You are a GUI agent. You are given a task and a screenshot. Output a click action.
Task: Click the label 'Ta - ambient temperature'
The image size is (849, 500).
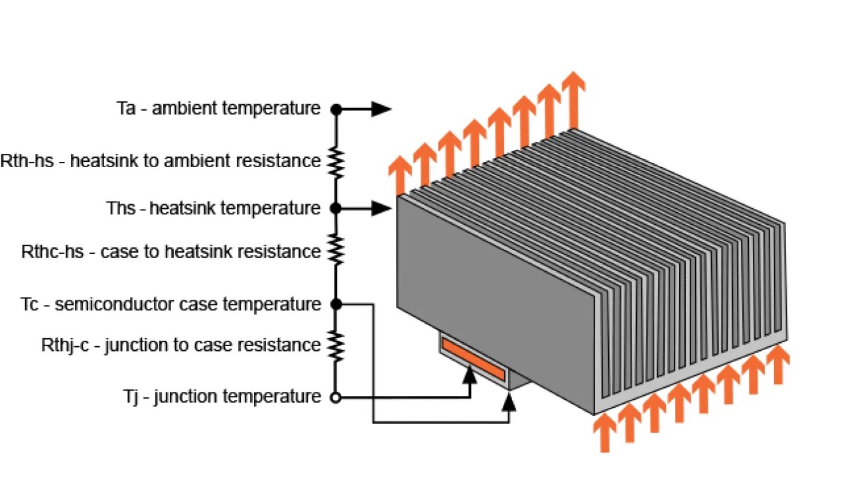pos(218,108)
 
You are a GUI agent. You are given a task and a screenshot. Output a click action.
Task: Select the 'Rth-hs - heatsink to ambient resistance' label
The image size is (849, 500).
pos(161,160)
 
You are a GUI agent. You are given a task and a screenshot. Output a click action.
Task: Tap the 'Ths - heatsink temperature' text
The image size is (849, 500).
pos(214,208)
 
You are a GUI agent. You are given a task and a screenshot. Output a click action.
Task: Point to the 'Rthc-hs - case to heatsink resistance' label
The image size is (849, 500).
pos(171,252)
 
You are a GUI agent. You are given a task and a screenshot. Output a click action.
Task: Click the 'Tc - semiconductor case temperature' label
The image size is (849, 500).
pos(171,304)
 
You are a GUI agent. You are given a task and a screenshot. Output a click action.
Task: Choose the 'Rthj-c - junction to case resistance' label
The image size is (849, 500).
pos(181,345)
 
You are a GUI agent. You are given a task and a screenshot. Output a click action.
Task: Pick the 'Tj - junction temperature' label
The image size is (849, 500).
pos(222,397)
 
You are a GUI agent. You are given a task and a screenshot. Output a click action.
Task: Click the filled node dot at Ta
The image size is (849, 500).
pos(336,109)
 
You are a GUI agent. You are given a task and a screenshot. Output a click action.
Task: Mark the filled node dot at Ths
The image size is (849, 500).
pos(336,208)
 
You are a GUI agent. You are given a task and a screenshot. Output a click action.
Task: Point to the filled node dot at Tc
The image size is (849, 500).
pos(336,304)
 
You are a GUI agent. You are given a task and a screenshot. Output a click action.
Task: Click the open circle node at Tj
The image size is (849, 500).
pos(336,398)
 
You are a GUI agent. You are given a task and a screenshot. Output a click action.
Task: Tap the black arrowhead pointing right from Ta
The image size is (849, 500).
pos(381,109)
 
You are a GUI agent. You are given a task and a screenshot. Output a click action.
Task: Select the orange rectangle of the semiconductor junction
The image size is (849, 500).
pos(474,361)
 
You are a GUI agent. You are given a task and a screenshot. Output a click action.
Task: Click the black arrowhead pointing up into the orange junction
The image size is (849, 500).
pos(470,375)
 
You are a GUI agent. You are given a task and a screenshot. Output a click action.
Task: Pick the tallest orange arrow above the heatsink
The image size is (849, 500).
pos(574,99)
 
